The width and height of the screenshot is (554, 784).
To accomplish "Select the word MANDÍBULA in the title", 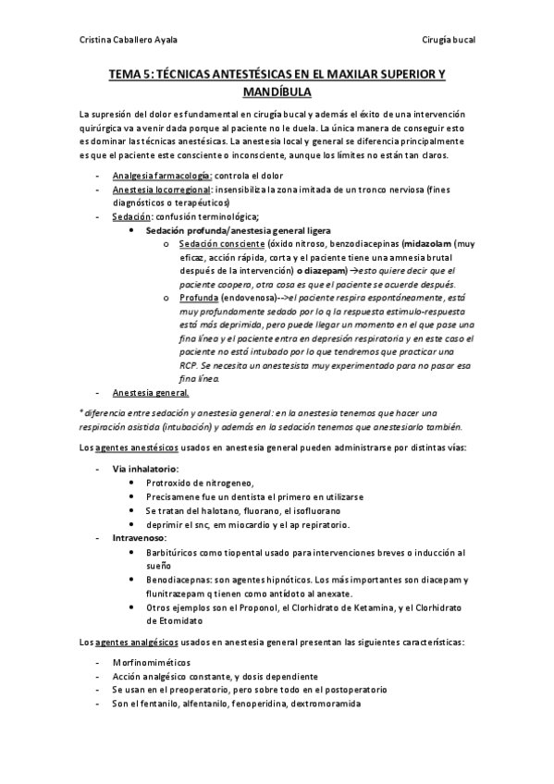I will (277, 93).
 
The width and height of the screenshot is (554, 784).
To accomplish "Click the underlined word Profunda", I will (199, 299).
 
